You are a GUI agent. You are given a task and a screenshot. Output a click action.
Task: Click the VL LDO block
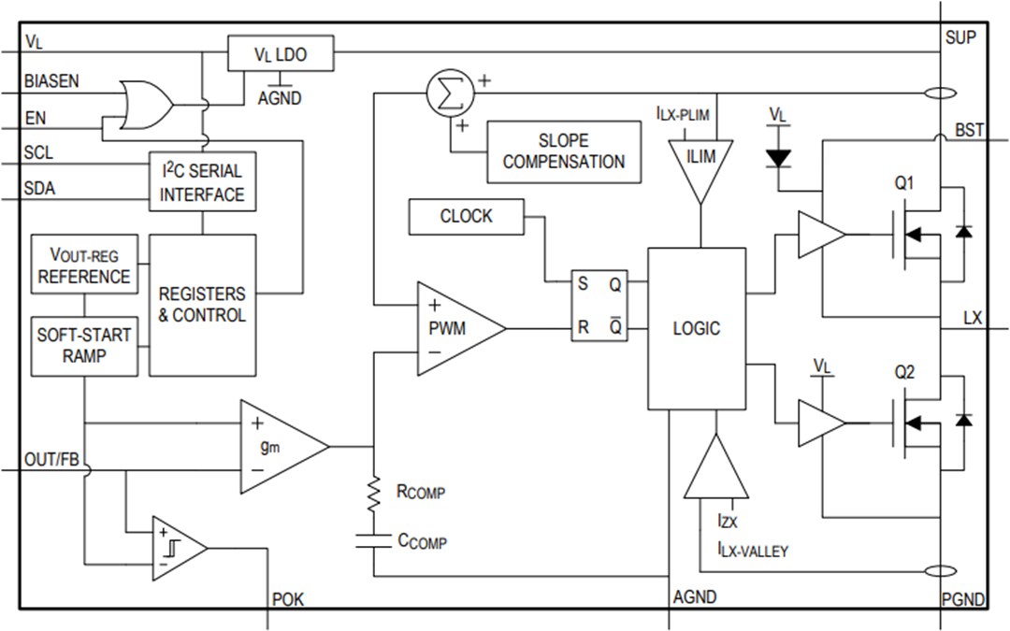coord(280,53)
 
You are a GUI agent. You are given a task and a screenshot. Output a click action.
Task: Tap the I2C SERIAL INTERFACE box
coord(202,182)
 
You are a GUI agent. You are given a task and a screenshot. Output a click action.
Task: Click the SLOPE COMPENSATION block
coord(564,151)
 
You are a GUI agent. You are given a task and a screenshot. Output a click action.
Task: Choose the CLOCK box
coord(466,217)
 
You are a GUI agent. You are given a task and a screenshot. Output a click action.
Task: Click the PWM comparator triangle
coord(456,328)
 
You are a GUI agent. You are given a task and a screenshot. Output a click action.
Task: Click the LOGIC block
coord(697,328)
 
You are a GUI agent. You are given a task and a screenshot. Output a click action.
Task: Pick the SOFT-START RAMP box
coord(84,344)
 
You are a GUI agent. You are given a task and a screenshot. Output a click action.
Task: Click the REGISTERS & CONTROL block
coord(202,305)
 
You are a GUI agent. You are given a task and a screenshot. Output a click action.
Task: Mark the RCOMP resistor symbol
coord(374,493)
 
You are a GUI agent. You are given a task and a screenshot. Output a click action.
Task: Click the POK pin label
coord(288,599)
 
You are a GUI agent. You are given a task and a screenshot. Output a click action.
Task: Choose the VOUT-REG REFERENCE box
coord(84,265)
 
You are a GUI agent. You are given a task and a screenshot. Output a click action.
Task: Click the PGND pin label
coord(963,599)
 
